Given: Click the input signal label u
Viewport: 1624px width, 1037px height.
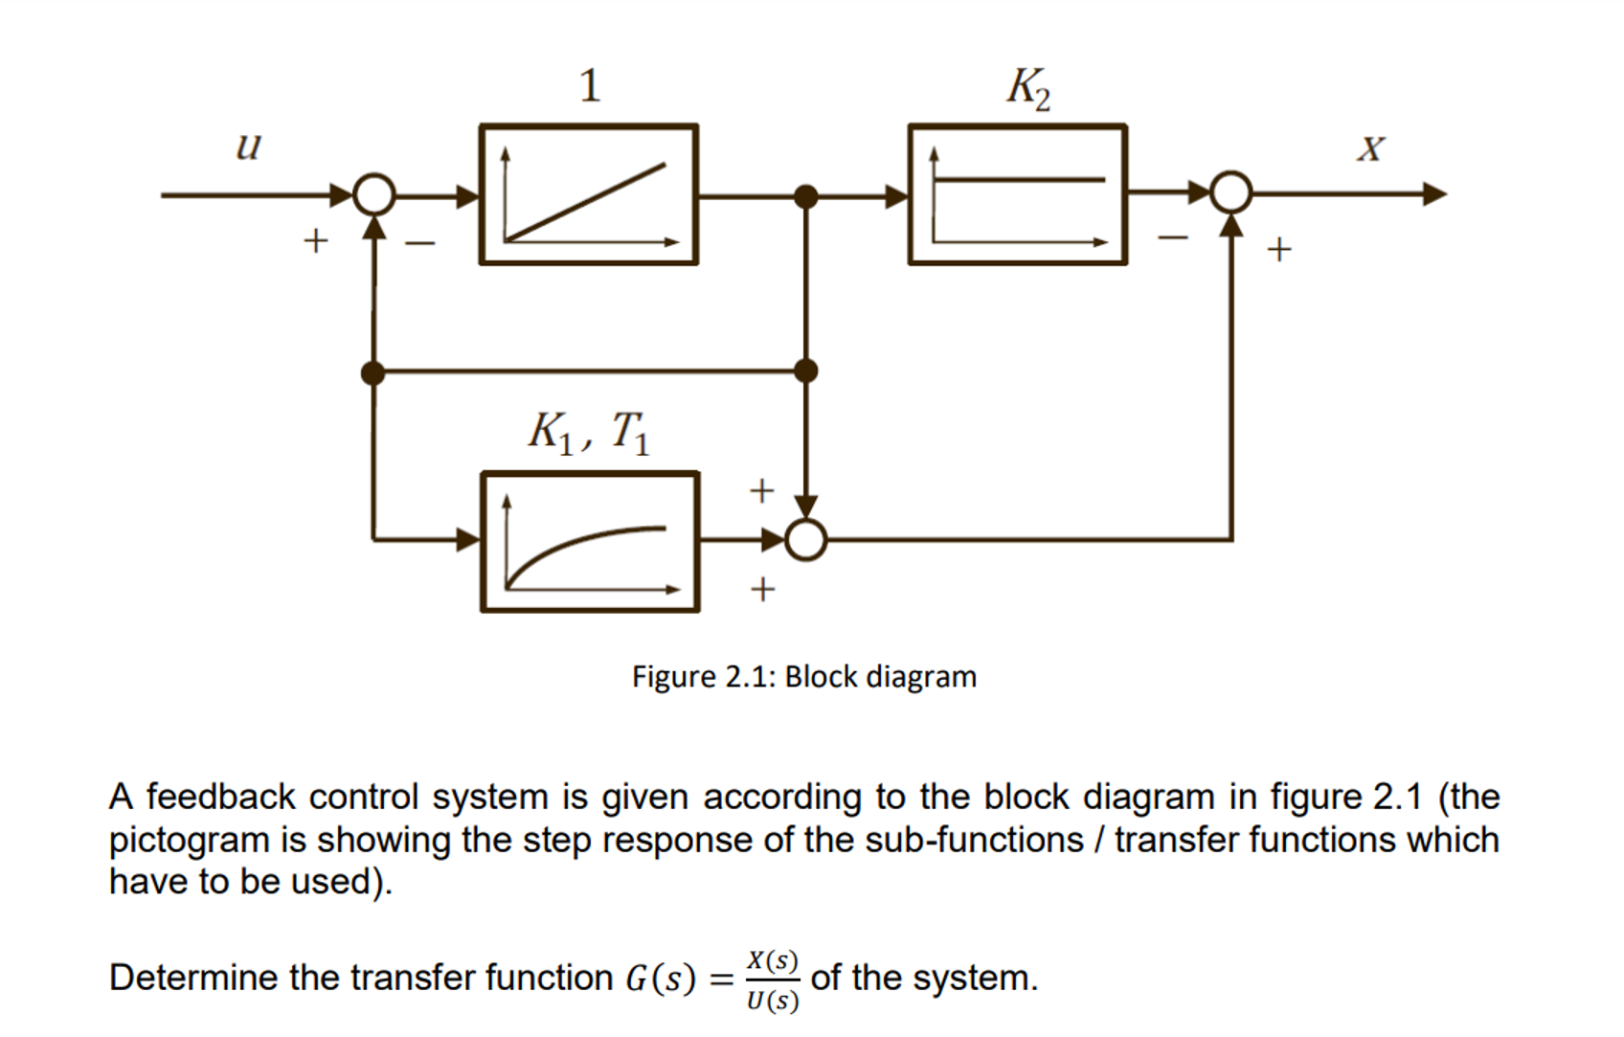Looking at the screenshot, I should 248,147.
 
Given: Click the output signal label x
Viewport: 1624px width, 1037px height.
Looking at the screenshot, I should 1370,148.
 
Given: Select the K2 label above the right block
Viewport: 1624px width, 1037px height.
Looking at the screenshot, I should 1027,88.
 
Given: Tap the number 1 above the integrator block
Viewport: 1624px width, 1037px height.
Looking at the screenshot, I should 589,86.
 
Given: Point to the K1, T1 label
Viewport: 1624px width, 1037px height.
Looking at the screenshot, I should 589,433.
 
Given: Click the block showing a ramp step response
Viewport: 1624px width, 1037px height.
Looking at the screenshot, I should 588,194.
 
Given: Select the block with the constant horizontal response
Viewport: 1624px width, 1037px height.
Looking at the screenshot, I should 1017,194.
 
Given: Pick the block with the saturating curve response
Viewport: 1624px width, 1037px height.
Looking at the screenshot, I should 590,541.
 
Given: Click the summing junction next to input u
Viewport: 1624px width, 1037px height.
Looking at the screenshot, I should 373,194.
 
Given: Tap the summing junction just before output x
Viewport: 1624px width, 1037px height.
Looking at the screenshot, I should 1230,192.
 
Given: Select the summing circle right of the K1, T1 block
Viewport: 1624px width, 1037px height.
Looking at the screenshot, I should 806,540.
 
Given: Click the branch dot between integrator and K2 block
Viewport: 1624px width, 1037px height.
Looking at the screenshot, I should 806,196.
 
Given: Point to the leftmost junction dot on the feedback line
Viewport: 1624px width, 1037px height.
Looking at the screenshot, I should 373,372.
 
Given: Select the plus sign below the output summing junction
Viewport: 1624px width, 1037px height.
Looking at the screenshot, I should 1278,250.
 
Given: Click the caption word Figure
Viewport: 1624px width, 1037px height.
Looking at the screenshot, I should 673,677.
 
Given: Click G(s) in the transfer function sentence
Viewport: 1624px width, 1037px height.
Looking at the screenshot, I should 660,979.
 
